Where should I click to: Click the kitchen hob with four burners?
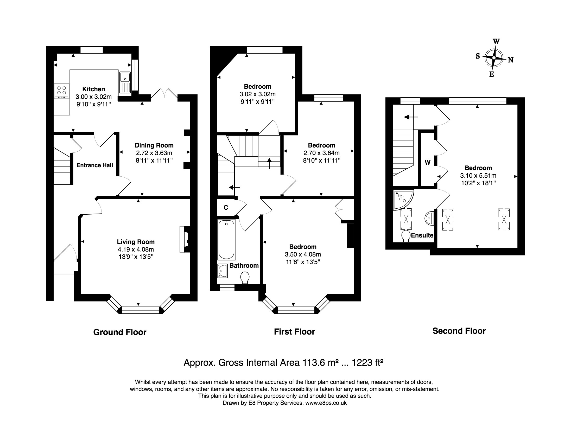point(62,91)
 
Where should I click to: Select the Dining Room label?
point(154,145)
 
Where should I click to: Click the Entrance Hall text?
point(95,165)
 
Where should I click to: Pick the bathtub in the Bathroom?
point(226,239)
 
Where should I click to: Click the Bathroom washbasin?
point(223,271)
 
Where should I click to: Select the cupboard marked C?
point(226,207)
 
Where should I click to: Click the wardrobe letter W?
point(427,163)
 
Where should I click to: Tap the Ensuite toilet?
point(405,236)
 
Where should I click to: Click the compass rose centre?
point(494,57)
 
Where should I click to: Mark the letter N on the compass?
point(511,60)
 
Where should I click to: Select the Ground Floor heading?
point(120,332)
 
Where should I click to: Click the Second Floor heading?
point(459,331)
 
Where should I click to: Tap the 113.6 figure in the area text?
point(312,363)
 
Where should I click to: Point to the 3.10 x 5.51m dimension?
point(478,176)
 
